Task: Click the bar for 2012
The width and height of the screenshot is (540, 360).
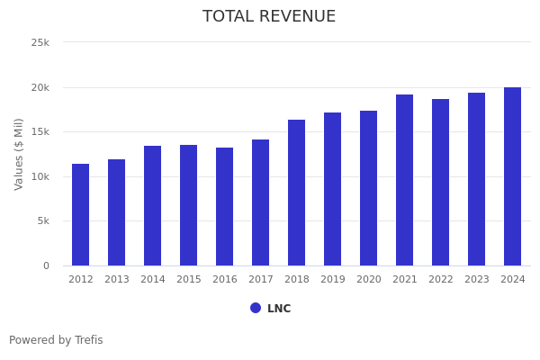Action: tap(81, 214)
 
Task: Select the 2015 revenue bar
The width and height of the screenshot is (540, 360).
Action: tap(189, 205)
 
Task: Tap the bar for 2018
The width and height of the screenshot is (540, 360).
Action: tap(297, 193)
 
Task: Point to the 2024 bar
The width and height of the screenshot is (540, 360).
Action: tap(513, 176)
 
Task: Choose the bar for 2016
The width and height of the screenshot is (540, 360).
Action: tap(225, 206)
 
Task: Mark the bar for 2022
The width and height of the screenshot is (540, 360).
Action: tap(441, 182)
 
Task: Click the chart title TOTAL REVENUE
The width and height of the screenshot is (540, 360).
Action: tap(269, 17)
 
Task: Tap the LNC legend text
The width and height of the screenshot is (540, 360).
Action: tap(279, 309)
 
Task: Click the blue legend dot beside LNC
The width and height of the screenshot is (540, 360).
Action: tap(256, 308)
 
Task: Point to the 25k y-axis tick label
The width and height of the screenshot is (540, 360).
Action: tap(40, 43)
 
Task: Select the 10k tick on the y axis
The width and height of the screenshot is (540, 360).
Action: tap(40, 177)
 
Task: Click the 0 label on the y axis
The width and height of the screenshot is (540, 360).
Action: tap(46, 266)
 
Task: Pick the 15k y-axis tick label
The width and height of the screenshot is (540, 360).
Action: tap(40, 132)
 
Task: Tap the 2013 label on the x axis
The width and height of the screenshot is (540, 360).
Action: tap(117, 280)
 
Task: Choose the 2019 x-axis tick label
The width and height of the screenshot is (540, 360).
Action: tap(333, 280)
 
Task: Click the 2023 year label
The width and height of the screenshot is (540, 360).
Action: tap(477, 280)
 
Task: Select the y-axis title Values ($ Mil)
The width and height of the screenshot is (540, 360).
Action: tap(19, 154)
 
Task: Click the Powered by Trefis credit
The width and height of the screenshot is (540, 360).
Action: tap(56, 341)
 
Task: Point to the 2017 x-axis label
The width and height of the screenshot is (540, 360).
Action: tap(261, 280)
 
